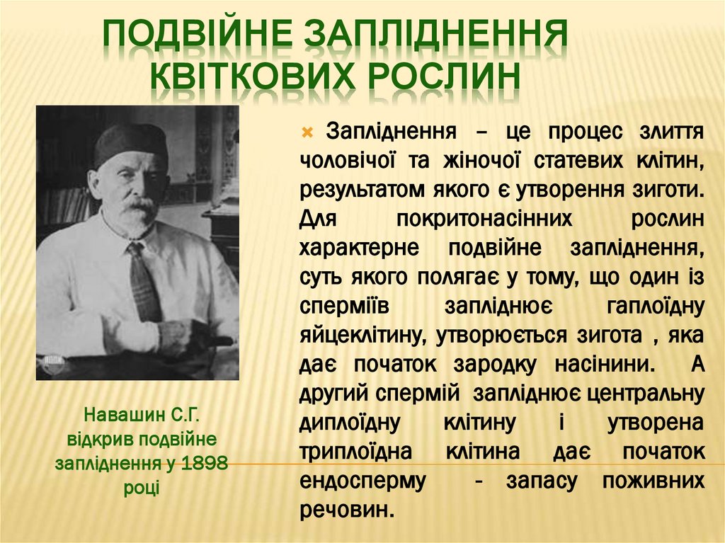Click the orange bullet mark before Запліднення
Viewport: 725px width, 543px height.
[x=307, y=132]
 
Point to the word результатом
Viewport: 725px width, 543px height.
[x=361, y=190]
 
